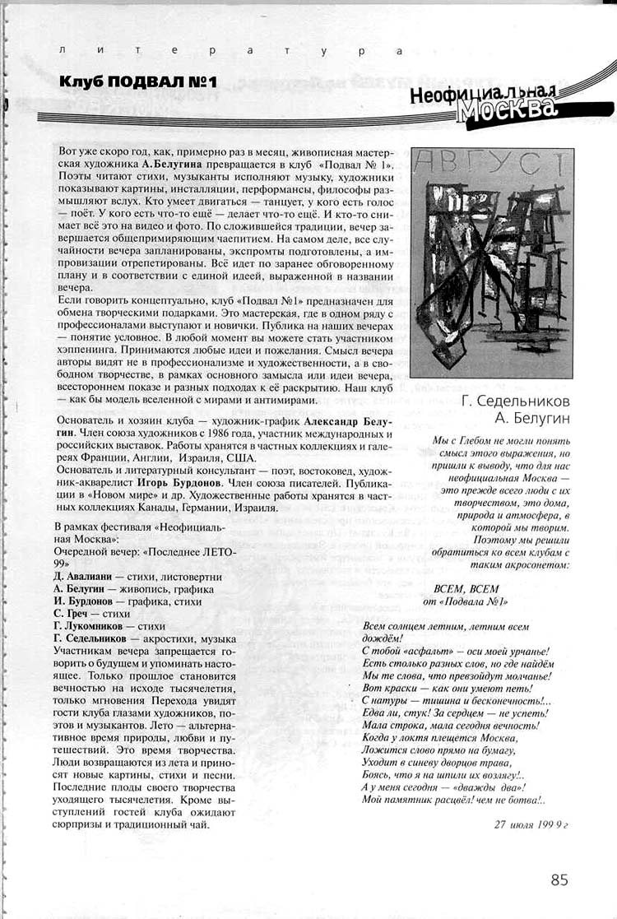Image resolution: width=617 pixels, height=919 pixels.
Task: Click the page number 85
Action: point(559,880)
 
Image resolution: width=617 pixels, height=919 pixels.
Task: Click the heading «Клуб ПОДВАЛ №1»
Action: point(137,81)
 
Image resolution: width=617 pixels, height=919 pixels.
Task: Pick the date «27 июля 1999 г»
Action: point(532,824)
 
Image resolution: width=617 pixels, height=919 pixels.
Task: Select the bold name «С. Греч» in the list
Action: point(72,613)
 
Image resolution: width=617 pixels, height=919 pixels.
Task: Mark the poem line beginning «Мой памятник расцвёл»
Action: point(453,799)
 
